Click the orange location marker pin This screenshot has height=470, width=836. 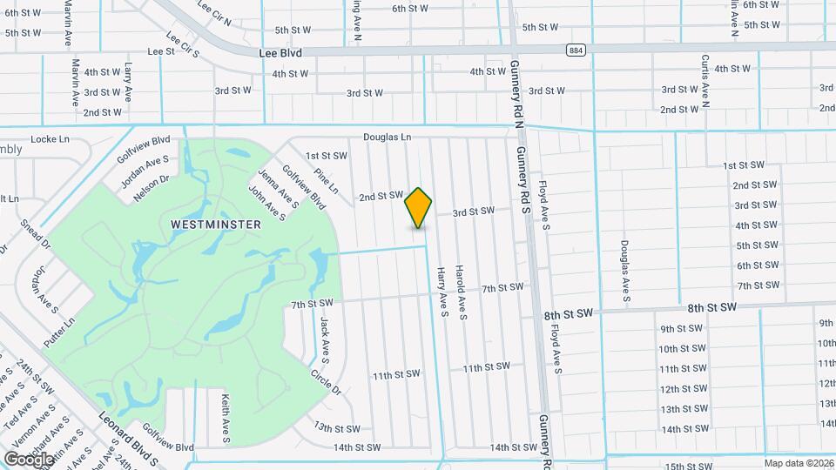[x=419, y=207]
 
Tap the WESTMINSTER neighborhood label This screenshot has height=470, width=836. [x=216, y=225]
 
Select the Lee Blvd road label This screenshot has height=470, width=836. [x=280, y=53]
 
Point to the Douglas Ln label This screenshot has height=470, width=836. [x=387, y=138]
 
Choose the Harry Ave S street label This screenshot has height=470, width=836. [x=442, y=291]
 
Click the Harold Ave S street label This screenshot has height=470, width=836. [x=462, y=292]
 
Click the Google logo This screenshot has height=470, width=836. [x=30, y=459]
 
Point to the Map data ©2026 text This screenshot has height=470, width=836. [x=798, y=463]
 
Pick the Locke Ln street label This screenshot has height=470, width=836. [x=50, y=139]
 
